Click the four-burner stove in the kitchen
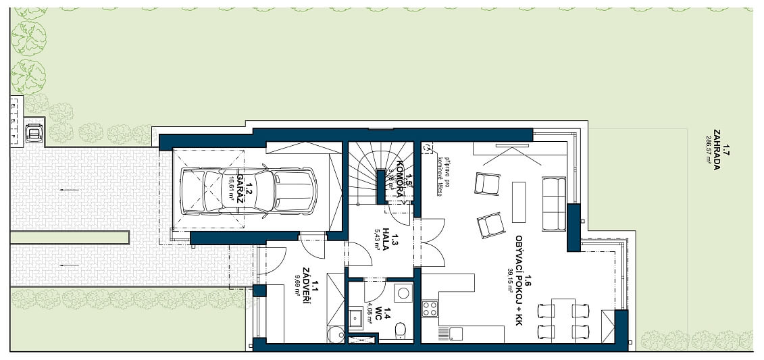(x=430, y=309)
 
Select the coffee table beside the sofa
(x=518, y=201)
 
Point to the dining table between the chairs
(x=563, y=321)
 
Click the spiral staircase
(x=379, y=172)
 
